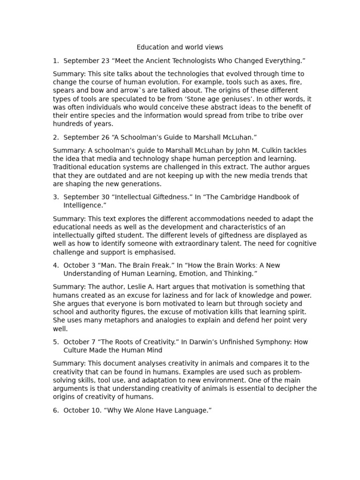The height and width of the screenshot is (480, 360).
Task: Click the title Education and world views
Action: (180, 47)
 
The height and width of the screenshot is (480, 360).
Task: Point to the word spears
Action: (63, 90)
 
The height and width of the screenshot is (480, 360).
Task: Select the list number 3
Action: (55, 197)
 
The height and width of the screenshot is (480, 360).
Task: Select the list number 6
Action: (55, 411)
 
